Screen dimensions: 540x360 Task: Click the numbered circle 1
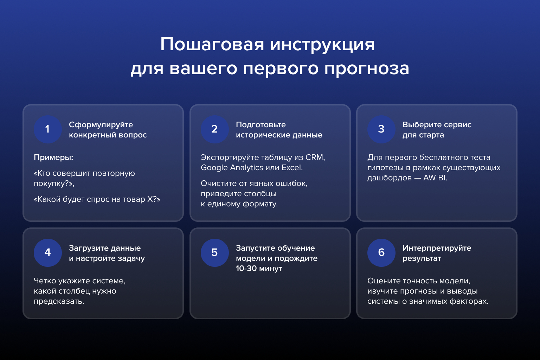(48, 129)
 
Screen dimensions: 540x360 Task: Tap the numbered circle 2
(214, 129)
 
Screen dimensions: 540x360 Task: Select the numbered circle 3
(381, 129)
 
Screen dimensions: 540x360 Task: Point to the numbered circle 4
(48, 253)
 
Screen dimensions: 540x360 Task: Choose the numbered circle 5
(214, 253)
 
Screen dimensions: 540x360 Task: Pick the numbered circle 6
(381, 253)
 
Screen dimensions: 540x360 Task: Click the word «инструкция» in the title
(322, 45)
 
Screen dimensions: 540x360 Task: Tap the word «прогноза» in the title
(367, 69)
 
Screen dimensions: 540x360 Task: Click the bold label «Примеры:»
(53, 158)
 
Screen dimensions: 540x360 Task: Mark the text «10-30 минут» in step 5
(259, 269)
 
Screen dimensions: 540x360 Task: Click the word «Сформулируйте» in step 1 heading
(101, 125)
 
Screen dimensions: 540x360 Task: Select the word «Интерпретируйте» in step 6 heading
(437, 248)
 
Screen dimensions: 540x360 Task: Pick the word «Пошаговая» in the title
(212, 45)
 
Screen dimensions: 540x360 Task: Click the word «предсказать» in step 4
(59, 302)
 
